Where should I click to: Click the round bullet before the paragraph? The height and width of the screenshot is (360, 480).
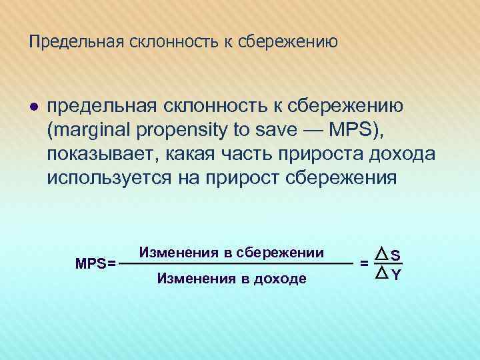pyautogui.click(x=33, y=109)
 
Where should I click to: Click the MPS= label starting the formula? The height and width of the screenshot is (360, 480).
pyautogui.click(x=95, y=263)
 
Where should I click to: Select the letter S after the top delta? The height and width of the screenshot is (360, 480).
pyautogui.click(x=396, y=254)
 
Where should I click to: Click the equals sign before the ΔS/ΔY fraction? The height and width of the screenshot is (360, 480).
pyautogui.click(x=363, y=264)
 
